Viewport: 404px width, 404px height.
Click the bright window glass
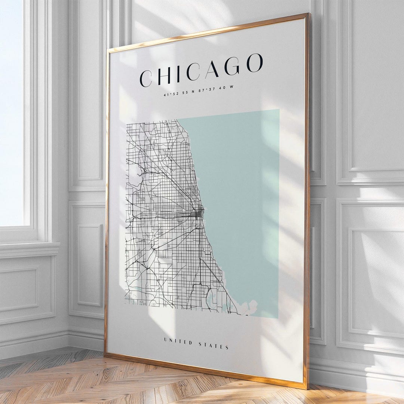11,112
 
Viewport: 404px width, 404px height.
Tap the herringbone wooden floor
75,378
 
